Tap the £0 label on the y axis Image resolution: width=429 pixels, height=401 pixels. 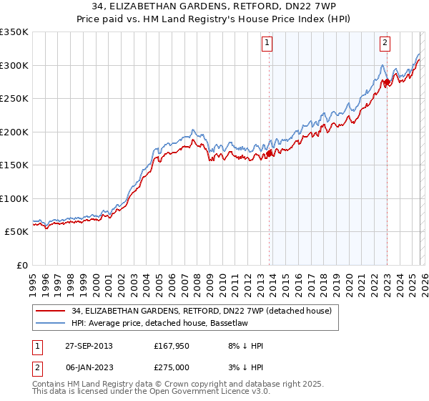(x=21, y=265)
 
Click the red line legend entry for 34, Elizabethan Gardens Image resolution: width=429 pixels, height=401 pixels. (x=202, y=311)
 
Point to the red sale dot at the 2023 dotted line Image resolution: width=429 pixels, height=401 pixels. (x=387, y=82)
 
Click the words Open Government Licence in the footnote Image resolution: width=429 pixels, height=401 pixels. (x=210, y=393)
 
